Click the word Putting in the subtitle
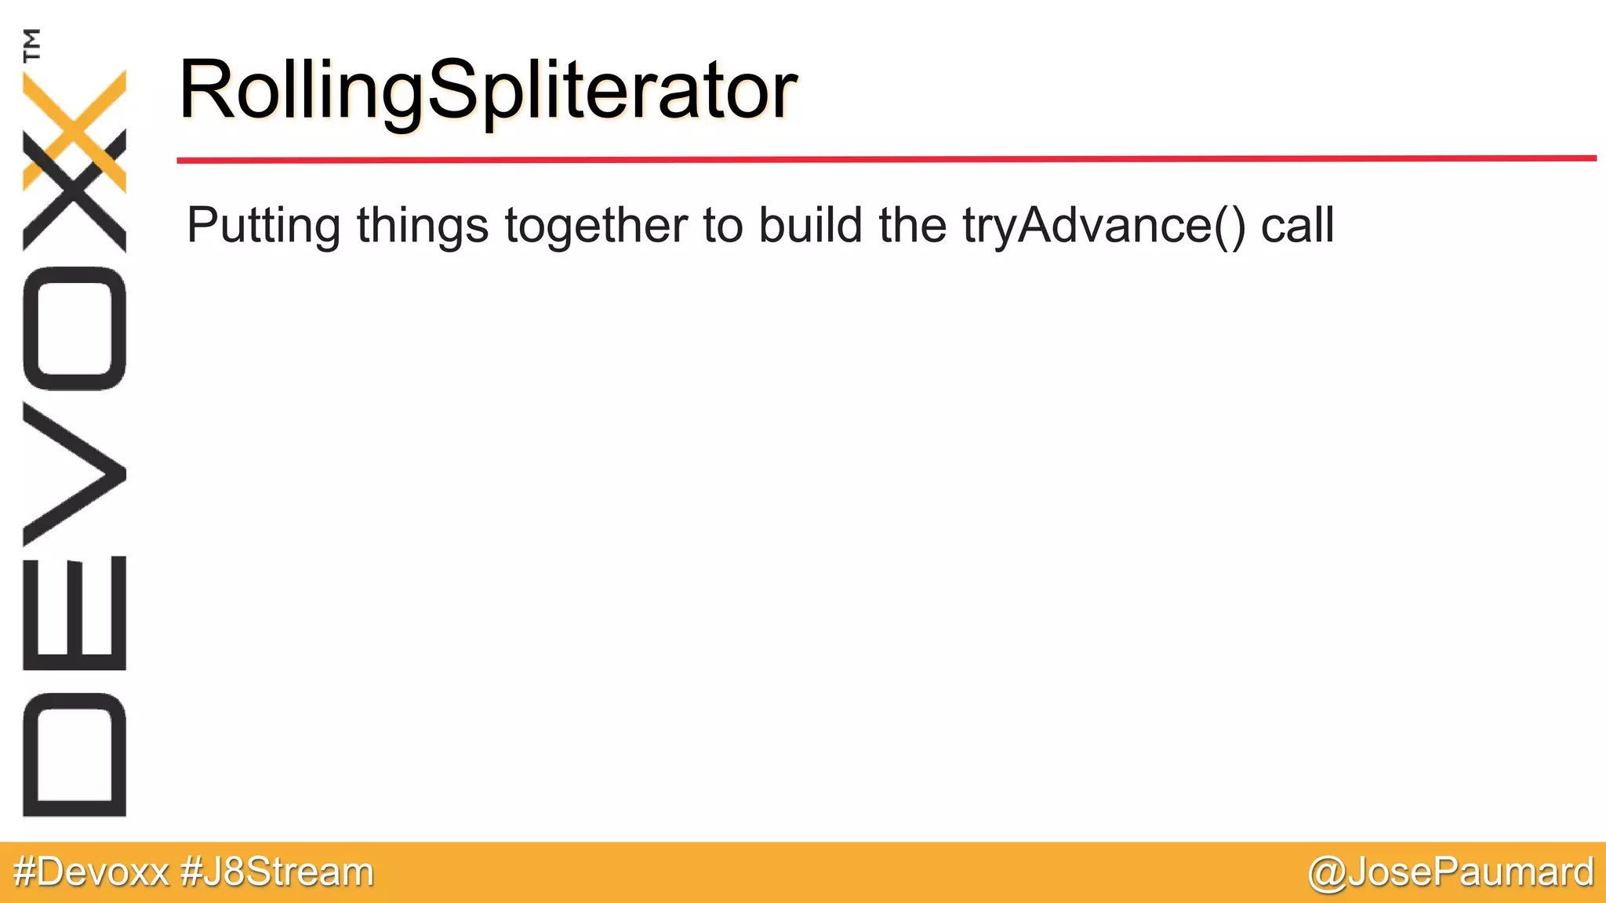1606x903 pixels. [263, 226]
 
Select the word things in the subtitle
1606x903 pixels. [423, 226]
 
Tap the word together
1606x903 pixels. [596, 226]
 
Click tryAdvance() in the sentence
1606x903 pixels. [1104, 226]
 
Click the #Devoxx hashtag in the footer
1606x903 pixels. [91, 872]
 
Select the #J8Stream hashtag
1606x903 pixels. [277, 872]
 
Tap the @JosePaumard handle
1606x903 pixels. [1451, 872]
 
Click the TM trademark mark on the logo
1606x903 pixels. [32, 45]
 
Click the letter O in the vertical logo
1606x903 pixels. [75, 328]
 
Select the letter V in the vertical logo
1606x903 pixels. [75, 474]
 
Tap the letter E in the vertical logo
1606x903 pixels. [75, 613]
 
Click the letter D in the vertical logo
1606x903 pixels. [75, 754]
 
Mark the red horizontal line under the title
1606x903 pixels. [886, 159]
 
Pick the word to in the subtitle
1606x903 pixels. [722, 226]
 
